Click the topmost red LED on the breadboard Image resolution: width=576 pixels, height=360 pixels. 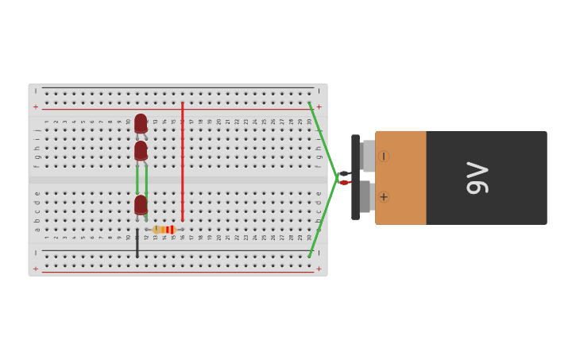tap(141, 123)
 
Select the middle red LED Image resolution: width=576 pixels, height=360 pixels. tap(141, 150)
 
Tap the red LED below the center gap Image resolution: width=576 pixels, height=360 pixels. tap(141, 204)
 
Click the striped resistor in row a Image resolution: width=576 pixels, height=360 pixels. tap(164, 230)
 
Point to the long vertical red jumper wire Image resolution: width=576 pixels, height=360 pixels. tap(182, 159)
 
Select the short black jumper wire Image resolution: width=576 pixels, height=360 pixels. tap(137, 243)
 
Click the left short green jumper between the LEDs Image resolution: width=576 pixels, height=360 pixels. tap(137, 179)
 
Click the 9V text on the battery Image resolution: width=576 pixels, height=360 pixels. tap(477, 177)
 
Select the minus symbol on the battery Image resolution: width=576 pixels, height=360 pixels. tap(384, 157)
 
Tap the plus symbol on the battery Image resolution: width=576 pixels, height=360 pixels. tap(384, 196)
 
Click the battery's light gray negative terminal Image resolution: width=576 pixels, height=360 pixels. tap(369, 156)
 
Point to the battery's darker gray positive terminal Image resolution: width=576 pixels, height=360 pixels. tap(365, 196)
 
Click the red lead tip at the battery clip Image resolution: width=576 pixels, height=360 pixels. tap(344, 183)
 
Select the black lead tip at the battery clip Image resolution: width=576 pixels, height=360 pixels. tap(344, 173)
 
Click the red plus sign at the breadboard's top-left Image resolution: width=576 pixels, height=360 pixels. tap(35, 106)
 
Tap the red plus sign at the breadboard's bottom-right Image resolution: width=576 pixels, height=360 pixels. tap(319, 269)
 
